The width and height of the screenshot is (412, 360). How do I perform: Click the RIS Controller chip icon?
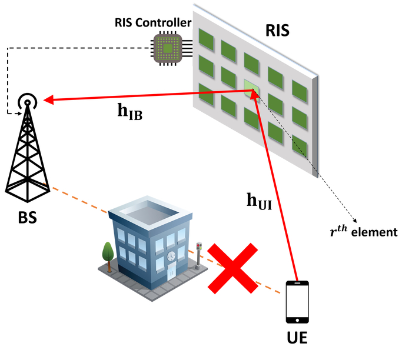[169, 48]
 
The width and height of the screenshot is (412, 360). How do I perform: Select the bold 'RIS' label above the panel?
[277, 29]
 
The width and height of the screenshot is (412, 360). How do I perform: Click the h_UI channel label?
[259, 200]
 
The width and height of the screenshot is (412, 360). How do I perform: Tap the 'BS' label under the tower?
[27, 218]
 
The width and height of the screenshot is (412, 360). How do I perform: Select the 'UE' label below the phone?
[297, 339]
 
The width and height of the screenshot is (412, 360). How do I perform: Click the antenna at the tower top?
[26, 102]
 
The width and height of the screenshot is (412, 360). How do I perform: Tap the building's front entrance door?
[171, 274]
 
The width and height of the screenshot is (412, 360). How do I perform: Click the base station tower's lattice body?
[26, 159]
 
